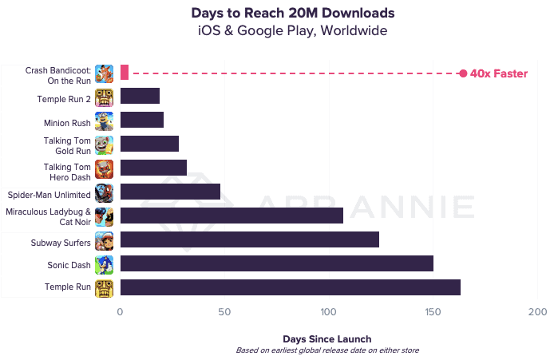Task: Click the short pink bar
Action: [124, 73]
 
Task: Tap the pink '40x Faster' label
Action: [498, 73]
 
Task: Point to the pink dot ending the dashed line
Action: [463, 73]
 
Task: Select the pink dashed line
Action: [295, 73]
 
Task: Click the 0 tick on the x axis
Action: [121, 312]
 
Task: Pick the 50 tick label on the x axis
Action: [225, 312]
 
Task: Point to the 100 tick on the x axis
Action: [328, 312]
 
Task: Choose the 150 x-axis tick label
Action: [433, 312]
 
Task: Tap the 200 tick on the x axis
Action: [536, 312]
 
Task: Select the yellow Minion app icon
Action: [104, 121]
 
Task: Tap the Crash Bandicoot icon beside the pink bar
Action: [104, 73]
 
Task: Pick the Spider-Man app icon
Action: [104, 193]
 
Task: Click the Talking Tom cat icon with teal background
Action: [104, 145]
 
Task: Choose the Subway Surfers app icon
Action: [104, 241]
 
